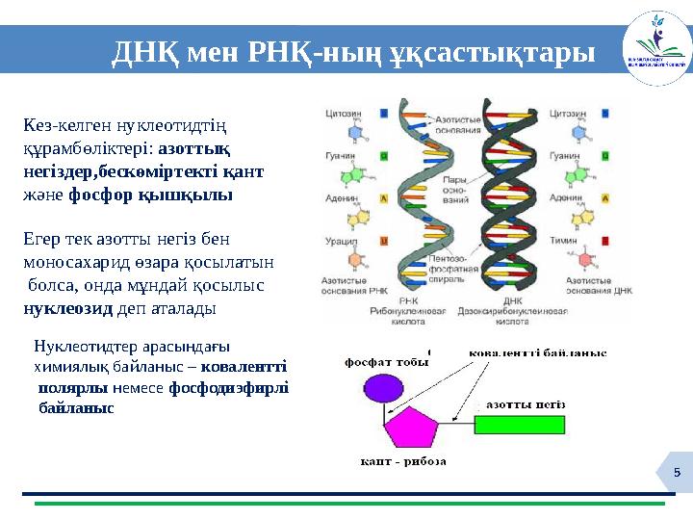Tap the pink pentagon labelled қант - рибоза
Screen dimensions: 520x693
click(414, 429)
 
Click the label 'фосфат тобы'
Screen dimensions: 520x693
click(386, 362)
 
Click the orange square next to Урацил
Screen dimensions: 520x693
click(385, 241)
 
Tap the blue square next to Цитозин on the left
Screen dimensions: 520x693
click(385, 113)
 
